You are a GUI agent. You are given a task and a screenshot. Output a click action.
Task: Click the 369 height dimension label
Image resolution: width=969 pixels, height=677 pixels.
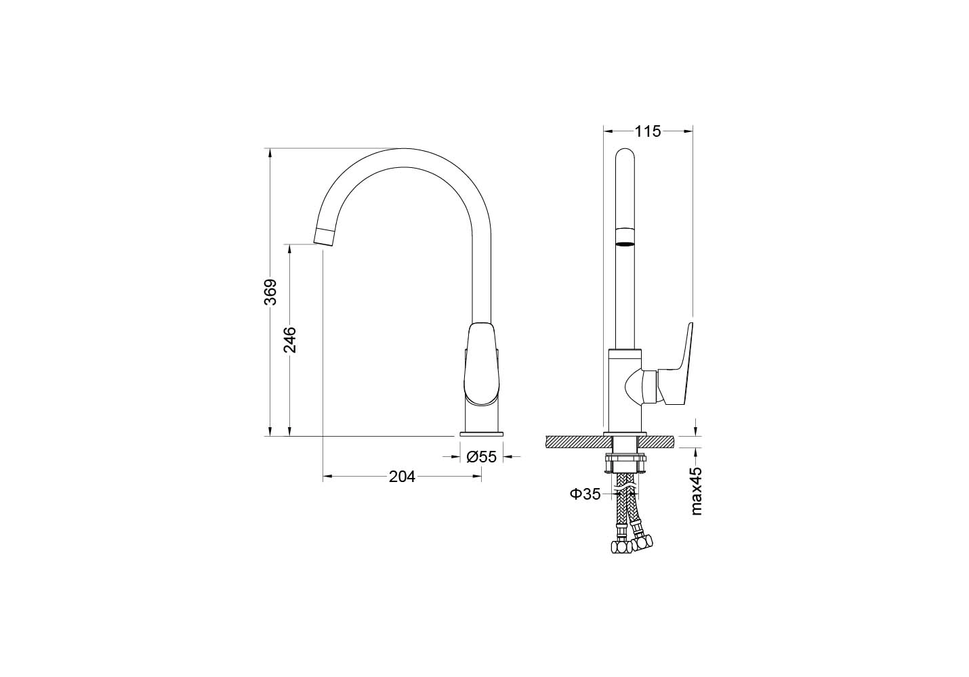coord(270,292)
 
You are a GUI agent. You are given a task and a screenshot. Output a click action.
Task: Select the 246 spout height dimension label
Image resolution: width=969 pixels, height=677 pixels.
coord(290,340)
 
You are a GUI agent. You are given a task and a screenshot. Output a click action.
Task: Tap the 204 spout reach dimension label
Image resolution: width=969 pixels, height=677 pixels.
coord(402,477)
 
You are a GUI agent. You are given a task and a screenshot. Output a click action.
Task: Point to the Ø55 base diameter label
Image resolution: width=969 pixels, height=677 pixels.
coord(482,456)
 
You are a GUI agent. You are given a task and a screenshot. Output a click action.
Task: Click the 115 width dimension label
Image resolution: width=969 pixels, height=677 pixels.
coord(648,131)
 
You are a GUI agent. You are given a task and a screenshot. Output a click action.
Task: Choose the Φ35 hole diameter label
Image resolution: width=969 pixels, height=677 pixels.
coord(585,494)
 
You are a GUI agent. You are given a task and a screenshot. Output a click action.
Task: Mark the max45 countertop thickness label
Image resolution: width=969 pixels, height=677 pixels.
coord(696,491)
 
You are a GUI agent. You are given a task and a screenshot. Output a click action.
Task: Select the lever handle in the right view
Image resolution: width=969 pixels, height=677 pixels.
coord(675,367)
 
